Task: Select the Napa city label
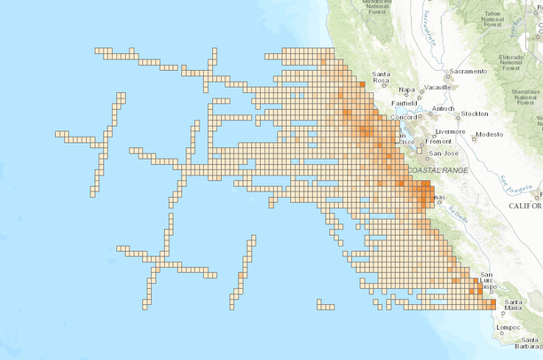[407, 89]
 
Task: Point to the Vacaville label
[439, 89]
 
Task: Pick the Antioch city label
[444, 109]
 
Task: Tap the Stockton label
[474, 113]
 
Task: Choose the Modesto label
[489, 135]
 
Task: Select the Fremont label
[439, 142]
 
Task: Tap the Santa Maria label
[512, 306]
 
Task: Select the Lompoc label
[507, 327]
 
